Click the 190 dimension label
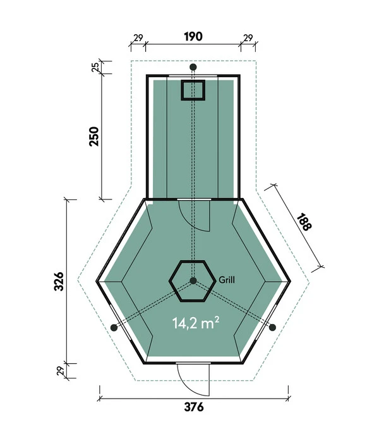(x=193, y=37)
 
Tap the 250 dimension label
(x=94, y=137)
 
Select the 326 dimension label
(x=59, y=282)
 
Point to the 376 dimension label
(x=194, y=407)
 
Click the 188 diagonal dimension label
(x=304, y=221)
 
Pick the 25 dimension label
(x=95, y=67)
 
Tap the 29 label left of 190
(x=138, y=37)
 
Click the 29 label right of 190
(x=248, y=37)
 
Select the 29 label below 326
(x=61, y=371)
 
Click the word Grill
(x=226, y=280)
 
